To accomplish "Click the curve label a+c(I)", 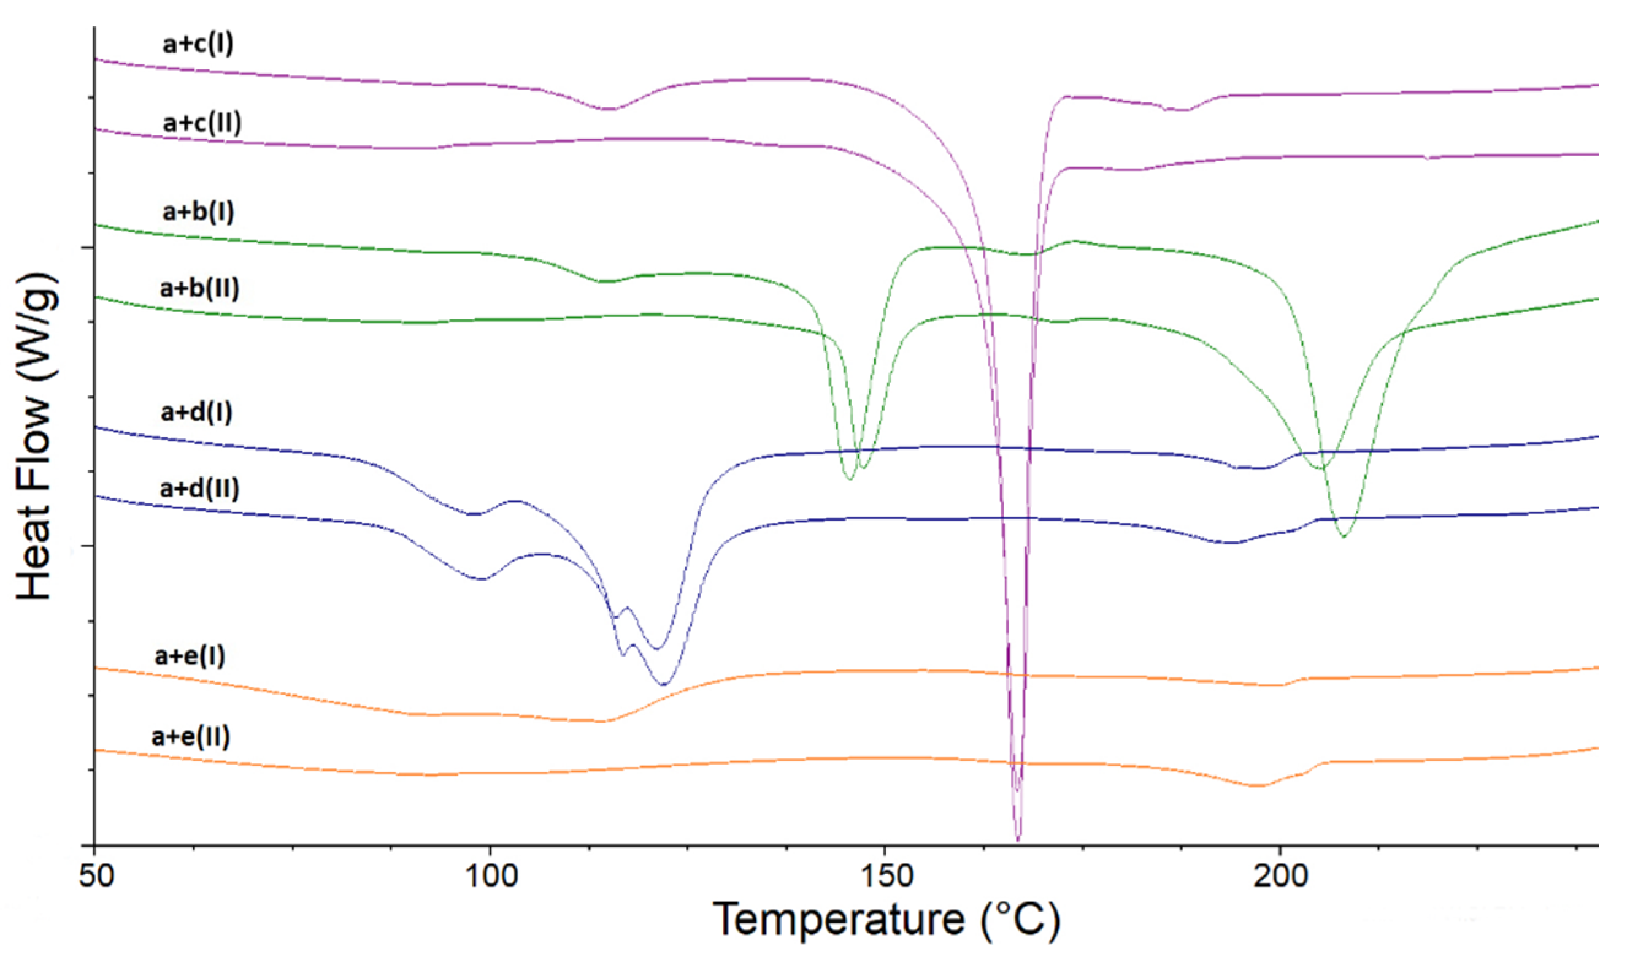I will [198, 44].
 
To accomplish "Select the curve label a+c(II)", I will [202, 122].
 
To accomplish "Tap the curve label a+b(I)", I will [198, 212].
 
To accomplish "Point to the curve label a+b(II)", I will [200, 288].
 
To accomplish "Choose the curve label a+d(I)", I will [196, 412].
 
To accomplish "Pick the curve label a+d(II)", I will [200, 489].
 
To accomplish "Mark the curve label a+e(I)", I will [190, 656].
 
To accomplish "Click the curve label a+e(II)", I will [191, 737].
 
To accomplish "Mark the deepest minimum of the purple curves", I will [1018, 839].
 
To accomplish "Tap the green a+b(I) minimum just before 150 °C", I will [850, 480].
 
